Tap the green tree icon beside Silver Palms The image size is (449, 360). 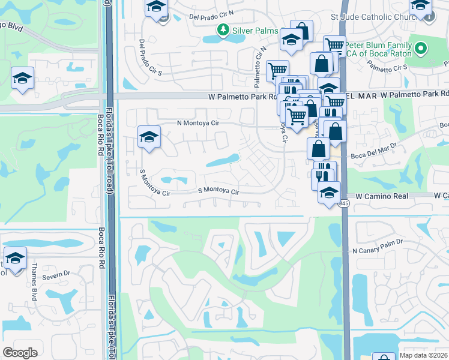tap(223, 29)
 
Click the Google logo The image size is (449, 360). tap(20, 353)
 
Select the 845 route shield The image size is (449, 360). tap(343, 205)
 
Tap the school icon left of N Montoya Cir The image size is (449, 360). tap(148, 136)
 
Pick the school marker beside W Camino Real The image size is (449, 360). tap(329, 193)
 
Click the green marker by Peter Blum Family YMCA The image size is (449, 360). tap(421, 48)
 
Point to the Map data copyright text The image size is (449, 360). tap(423, 354)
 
